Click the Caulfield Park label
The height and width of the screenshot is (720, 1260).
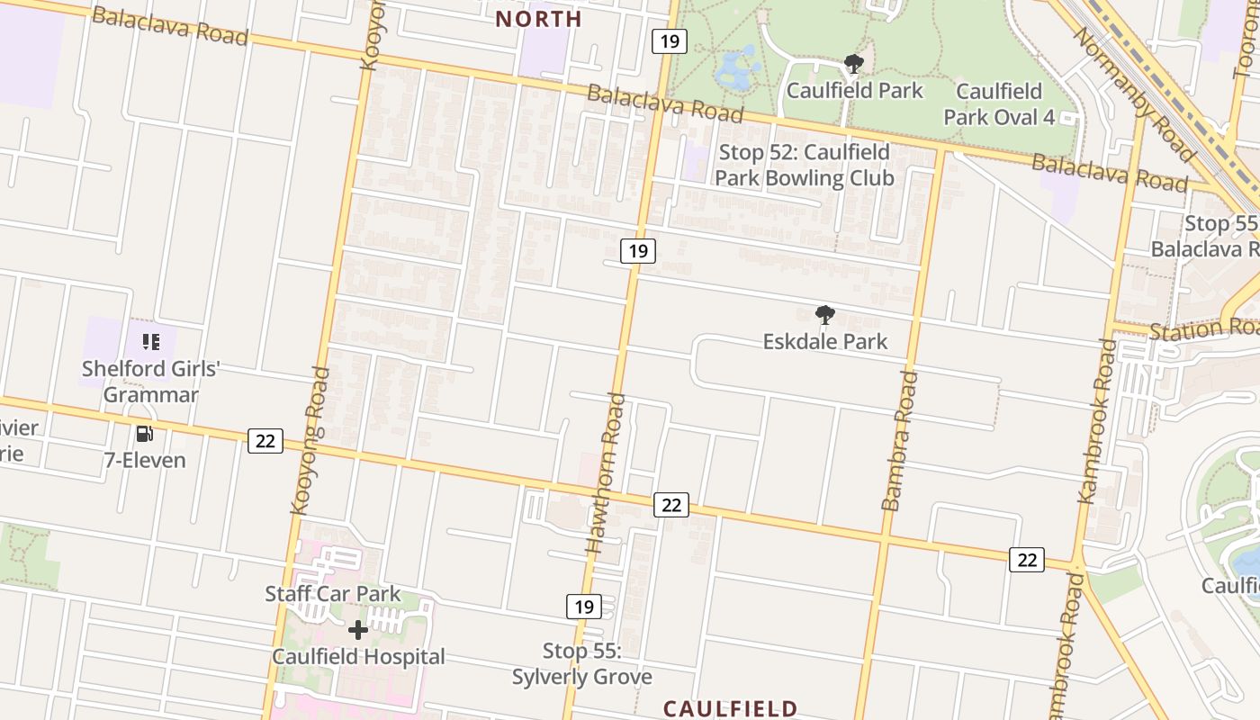coord(854,91)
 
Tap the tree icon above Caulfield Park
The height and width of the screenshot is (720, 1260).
coord(853,64)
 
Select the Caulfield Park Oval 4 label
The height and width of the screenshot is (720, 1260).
coord(999,103)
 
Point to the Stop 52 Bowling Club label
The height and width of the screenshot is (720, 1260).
coord(804,165)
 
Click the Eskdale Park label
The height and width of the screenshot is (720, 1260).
coord(824,342)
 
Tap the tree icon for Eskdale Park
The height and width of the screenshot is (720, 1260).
coord(824,315)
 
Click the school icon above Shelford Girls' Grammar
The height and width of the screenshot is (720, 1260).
coord(150,342)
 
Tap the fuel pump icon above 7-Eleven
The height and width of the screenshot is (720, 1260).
coord(144,435)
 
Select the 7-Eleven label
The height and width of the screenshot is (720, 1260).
coord(144,461)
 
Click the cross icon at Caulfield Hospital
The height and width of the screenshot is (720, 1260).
coord(358,630)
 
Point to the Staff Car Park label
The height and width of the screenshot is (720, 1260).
coord(332,594)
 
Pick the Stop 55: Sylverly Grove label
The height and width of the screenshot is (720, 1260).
coord(581,663)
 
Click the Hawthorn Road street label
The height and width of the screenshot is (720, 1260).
coord(606,472)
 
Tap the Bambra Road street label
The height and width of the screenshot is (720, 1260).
coord(901,440)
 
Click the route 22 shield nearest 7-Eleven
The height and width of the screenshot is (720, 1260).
coord(265,441)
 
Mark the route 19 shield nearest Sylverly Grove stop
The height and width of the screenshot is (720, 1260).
coord(584,607)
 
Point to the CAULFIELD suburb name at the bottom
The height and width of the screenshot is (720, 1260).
coord(730,709)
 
